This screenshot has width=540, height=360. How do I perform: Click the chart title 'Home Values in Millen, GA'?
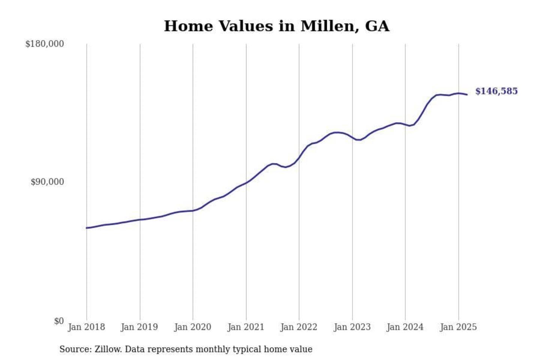pos(276,26)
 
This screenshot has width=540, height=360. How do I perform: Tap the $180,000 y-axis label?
pos(44,44)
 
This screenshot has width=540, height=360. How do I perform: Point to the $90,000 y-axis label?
pos(47,182)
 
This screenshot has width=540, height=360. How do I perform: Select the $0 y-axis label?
pos(58,321)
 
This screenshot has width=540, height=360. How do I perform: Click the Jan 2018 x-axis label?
pos(86,327)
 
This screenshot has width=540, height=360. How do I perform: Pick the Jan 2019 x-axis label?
pos(139,327)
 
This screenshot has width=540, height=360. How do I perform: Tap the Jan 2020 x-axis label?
pos(192,327)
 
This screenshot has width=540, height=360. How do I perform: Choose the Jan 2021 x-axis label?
pos(246,327)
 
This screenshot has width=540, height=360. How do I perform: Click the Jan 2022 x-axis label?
pos(298,327)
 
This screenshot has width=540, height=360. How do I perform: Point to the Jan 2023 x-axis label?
pos(352,327)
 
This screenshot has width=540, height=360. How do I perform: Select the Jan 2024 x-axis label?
pos(405,327)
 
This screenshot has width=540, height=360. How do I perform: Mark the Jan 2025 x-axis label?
pos(458,327)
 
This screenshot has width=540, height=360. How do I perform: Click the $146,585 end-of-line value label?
pos(496,91)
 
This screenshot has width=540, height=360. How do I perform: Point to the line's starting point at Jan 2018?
pos(87,228)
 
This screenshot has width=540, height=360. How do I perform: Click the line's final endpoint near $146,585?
pos(467,94)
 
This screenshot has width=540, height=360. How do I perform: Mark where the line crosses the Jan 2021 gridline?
pos(246,183)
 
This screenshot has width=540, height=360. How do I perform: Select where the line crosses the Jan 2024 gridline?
pos(405,124)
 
